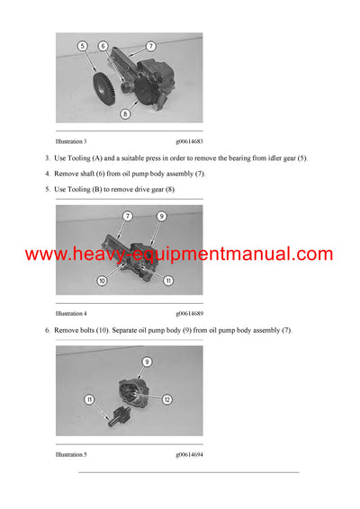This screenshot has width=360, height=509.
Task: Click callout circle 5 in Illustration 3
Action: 82,45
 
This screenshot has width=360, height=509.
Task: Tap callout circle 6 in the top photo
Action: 103,45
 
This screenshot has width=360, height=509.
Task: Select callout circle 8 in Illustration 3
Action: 125,113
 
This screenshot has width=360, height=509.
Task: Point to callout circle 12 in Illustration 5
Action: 167,398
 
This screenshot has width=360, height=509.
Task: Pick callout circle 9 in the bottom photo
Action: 147,362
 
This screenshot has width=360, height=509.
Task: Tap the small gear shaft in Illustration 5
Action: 115,418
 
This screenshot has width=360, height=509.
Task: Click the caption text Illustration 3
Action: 71,142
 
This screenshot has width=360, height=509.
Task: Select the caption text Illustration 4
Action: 71,314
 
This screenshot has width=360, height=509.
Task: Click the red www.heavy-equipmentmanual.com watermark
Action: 179,254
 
